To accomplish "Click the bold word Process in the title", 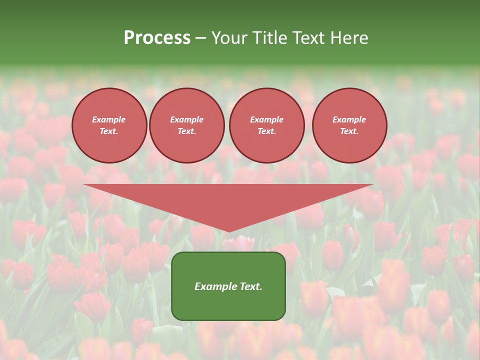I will click(x=157, y=38).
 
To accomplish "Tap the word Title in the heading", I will click(x=269, y=38).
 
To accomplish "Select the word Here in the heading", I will click(x=349, y=38).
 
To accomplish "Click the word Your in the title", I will click(x=229, y=38).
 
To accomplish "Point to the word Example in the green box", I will click(x=215, y=286).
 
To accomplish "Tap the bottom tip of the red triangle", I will click(x=229, y=231).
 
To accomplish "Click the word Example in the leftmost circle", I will click(x=109, y=119).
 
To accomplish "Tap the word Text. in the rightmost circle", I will click(x=349, y=131).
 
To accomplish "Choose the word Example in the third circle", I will click(x=266, y=119).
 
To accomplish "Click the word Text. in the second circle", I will click(x=186, y=131).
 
